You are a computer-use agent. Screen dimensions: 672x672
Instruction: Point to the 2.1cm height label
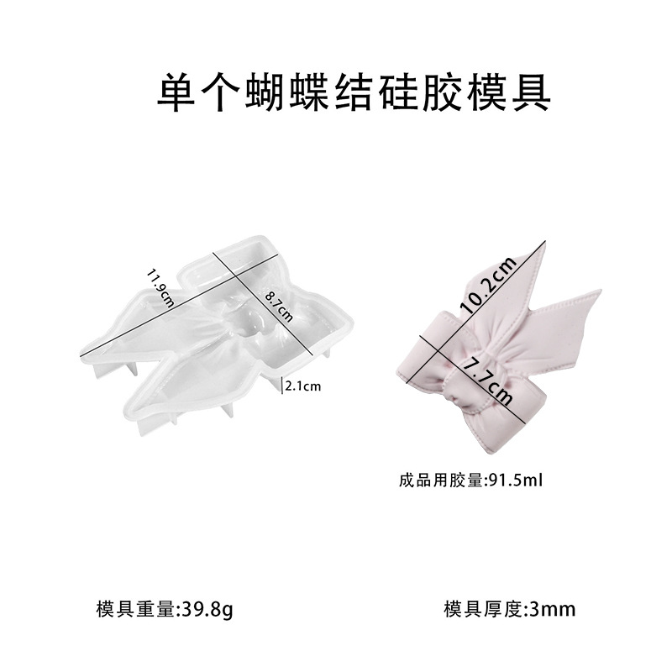(x=304, y=386)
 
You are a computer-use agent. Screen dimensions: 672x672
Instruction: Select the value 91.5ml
(x=517, y=481)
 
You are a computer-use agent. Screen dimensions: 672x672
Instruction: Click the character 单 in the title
(x=175, y=94)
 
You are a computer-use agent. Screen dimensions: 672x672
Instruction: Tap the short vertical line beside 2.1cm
(x=281, y=386)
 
